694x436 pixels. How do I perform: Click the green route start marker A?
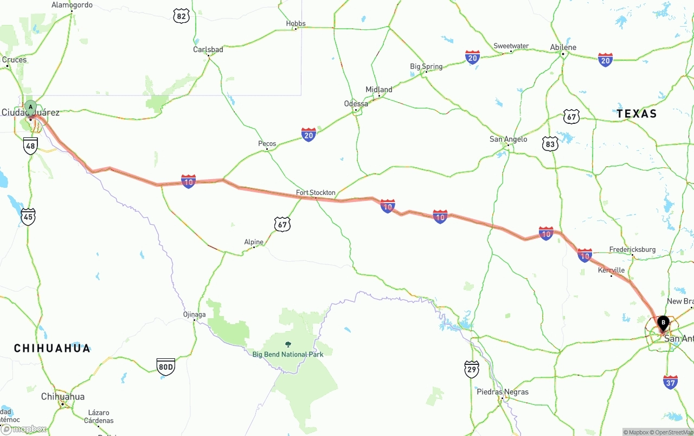(30, 107)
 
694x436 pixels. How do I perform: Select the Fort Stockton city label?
(316, 193)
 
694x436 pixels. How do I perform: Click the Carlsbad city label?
(208, 49)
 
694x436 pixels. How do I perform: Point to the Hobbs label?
(295, 23)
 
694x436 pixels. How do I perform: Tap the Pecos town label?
(267, 144)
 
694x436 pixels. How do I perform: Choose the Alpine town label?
(254, 242)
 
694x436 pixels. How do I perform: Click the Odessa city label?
(356, 104)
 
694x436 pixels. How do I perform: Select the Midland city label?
(379, 90)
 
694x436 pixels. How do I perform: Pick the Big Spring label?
(426, 67)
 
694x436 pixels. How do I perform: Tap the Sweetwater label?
(511, 46)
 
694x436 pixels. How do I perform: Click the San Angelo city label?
(508, 140)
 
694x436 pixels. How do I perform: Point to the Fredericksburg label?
(632, 250)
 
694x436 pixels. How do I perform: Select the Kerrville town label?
(611, 270)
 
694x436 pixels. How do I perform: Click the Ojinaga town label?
(194, 314)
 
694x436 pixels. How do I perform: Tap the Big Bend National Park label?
(288, 355)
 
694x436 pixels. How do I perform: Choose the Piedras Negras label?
(502, 392)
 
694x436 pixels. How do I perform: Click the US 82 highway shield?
(182, 16)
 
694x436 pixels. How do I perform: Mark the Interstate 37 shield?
(670, 382)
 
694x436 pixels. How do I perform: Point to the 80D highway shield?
(165, 367)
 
